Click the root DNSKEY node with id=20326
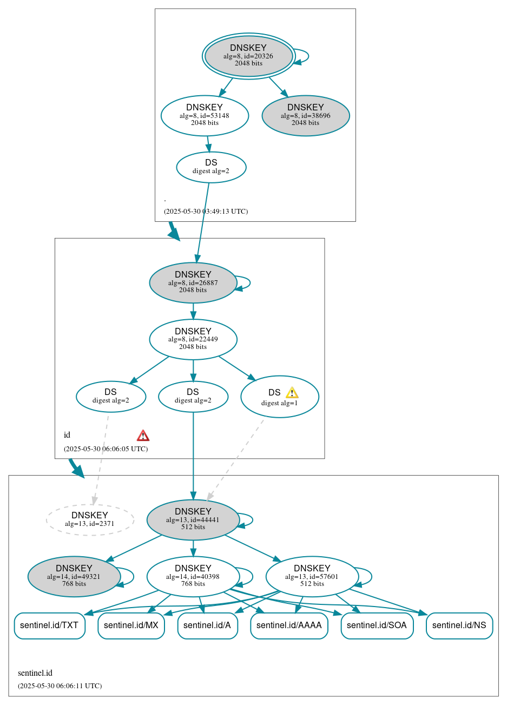click(248, 56)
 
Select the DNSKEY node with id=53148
click(205, 115)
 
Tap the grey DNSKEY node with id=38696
click(306, 115)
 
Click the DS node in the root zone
click(211, 167)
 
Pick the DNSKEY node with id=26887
click(193, 282)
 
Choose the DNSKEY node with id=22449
click(193, 339)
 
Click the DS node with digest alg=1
click(279, 397)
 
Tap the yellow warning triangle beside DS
click(292, 393)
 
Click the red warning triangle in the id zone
click(143, 436)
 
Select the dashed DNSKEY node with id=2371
click(90, 519)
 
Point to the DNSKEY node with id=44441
click(193, 519)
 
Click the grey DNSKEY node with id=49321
click(74, 576)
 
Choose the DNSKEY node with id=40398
click(193, 576)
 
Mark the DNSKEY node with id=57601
click(312, 576)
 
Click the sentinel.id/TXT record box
click(49, 625)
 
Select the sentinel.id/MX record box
click(131, 625)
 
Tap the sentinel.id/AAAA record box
click(289, 625)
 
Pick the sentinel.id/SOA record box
click(377, 625)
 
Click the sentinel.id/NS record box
click(459, 625)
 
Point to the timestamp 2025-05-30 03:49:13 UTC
click(206, 212)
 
